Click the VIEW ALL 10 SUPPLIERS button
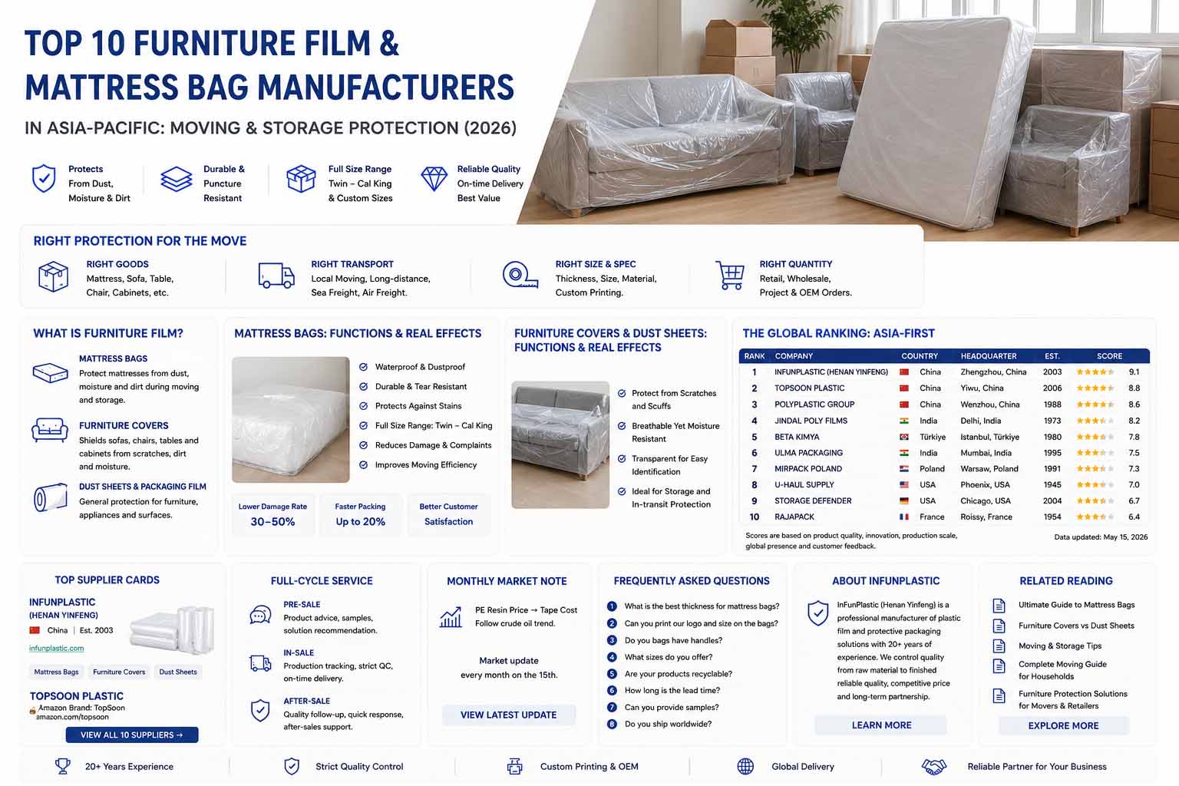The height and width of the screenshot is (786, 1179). click(x=132, y=735)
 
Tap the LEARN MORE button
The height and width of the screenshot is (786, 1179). click(x=881, y=725)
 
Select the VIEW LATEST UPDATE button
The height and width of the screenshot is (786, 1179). click(x=508, y=715)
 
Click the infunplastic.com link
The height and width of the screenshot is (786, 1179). click(x=56, y=648)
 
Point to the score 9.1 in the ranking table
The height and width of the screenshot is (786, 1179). click(x=1134, y=372)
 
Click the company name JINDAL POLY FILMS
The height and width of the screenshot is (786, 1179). click(x=811, y=421)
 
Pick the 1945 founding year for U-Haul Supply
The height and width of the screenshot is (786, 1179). click(x=1052, y=484)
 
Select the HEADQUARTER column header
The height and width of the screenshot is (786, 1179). click(x=989, y=356)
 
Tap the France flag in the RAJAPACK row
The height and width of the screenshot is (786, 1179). click(x=904, y=517)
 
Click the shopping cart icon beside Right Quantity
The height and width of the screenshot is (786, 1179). click(x=730, y=276)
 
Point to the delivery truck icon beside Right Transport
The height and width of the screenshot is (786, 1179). click(x=276, y=276)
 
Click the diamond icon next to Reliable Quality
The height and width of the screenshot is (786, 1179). click(x=434, y=179)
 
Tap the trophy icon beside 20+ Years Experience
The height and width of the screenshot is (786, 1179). click(x=63, y=766)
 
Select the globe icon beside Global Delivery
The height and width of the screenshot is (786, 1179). click(x=745, y=767)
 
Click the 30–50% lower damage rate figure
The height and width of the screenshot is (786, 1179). click(x=272, y=522)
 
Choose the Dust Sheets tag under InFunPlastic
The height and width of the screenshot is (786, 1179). click(x=178, y=672)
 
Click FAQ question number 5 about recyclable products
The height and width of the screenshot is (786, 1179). click(x=678, y=674)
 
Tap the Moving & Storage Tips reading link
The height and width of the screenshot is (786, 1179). click(x=1059, y=646)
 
